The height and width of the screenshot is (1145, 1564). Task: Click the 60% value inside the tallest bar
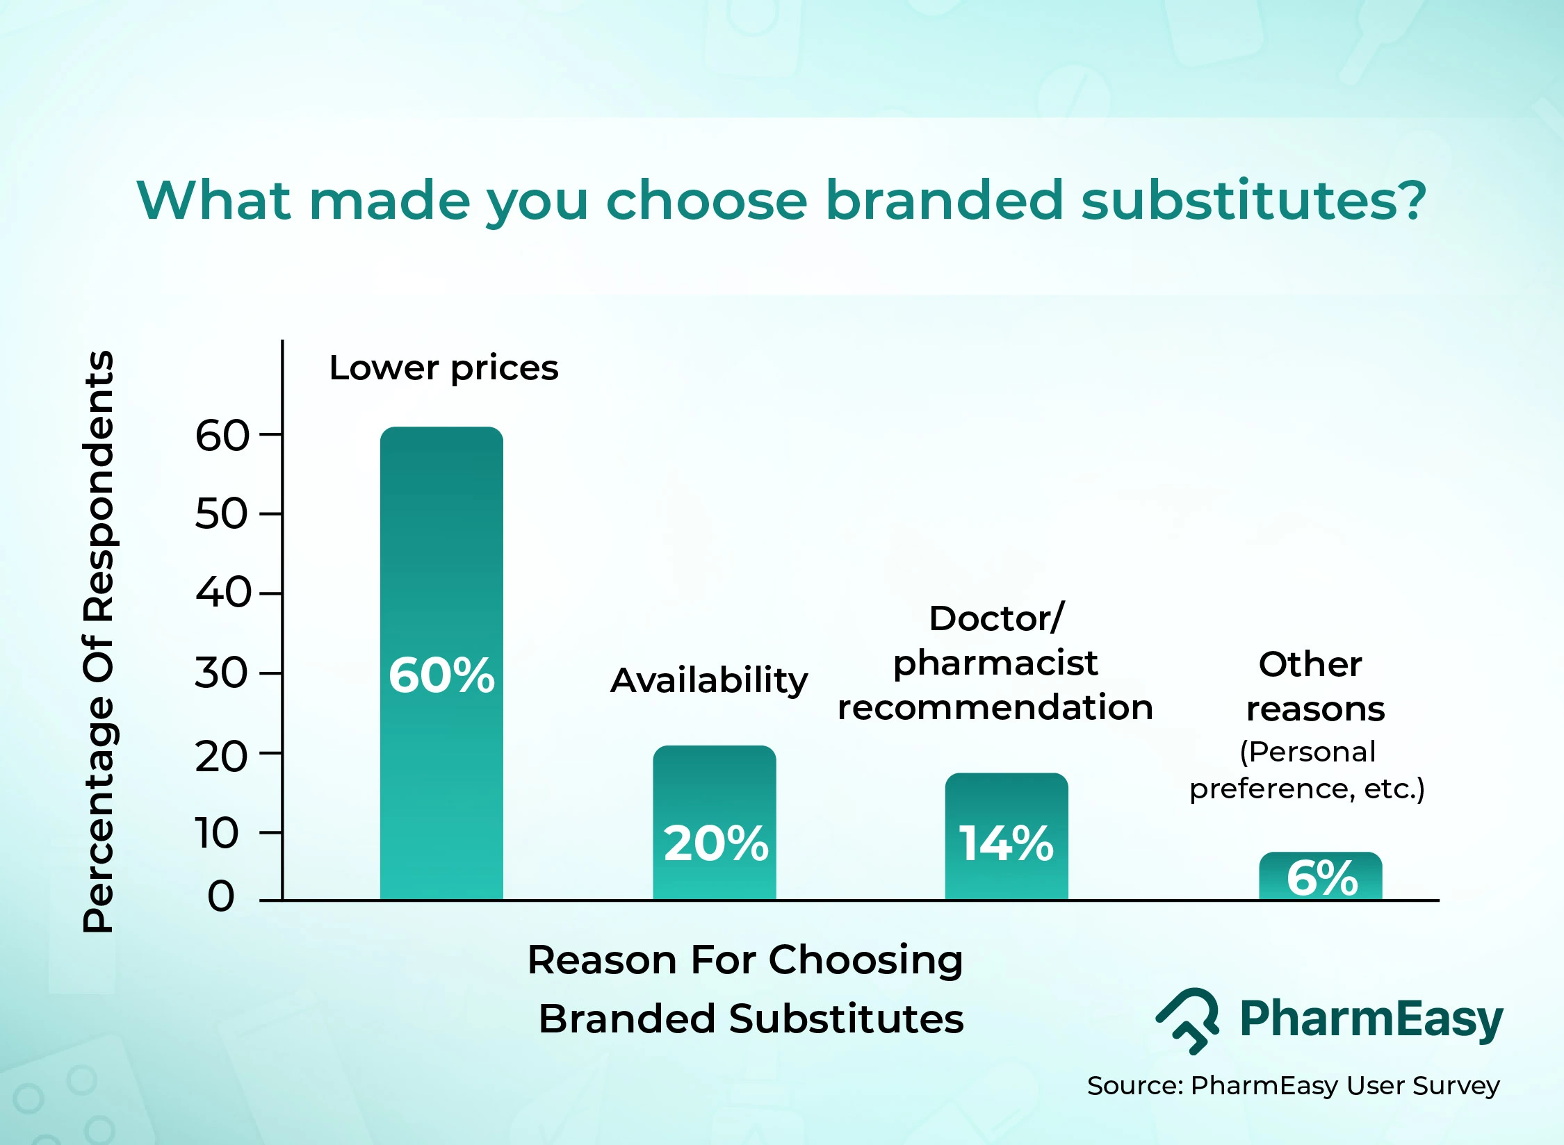[x=441, y=675]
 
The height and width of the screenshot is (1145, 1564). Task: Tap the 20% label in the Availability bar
[x=715, y=843]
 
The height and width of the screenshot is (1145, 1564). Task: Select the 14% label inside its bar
[x=1006, y=843]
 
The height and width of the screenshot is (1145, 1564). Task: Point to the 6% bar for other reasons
[x=1321, y=878]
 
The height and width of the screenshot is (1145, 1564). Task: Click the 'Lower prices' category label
[x=443, y=368]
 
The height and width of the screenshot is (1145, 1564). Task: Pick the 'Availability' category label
[x=708, y=680]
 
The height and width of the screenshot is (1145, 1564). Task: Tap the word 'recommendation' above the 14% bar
[x=995, y=707]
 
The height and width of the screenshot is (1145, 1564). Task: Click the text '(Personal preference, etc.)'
[x=1307, y=771]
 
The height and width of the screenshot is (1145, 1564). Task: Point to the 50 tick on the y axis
[x=221, y=514]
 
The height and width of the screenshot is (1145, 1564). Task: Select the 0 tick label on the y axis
[x=221, y=896]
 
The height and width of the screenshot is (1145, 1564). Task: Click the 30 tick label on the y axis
[x=221, y=673]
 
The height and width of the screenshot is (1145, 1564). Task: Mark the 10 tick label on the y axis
[x=217, y=833]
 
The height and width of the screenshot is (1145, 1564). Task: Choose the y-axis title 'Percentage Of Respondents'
[x=98, y=641]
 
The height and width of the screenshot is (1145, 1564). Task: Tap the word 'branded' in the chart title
[x=943, y=200]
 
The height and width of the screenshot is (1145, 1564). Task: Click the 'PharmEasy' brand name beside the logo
[x=1371, y=1019]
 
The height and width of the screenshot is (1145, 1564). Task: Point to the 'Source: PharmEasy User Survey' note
[x=1293, y=1085]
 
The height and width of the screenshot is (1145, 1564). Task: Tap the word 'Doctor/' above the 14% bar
[x=996, y=618]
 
